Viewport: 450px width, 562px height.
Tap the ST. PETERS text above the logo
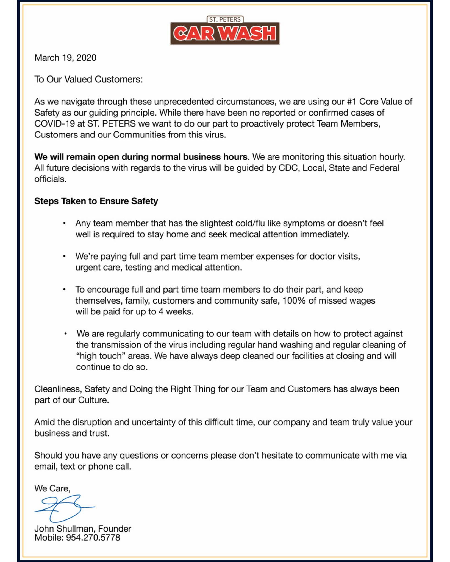[x=225, y=19]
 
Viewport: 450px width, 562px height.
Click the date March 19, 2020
[x=65, y=58]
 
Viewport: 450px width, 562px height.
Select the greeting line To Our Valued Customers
[x=88, y=79]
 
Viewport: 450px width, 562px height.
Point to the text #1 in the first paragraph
[x=352, y=102]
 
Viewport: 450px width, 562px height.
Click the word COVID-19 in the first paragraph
[x=54, y=124]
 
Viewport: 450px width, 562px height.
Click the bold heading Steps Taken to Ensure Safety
[x=96, y=201]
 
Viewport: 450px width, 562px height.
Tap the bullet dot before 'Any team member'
[x=64, y=223]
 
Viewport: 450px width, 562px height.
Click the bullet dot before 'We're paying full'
[x=64, y=256]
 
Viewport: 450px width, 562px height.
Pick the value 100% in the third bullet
[x=294, y=301]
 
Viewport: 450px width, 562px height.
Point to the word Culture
[x=93, y=400]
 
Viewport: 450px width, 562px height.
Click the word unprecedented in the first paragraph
[x=184, y=102]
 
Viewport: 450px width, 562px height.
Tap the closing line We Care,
[x=52, y=488]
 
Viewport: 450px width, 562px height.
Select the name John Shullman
[x=64, y=529]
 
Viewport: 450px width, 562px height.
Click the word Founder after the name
[x=115, y=529]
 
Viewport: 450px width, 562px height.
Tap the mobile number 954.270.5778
[x=93, y=538]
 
